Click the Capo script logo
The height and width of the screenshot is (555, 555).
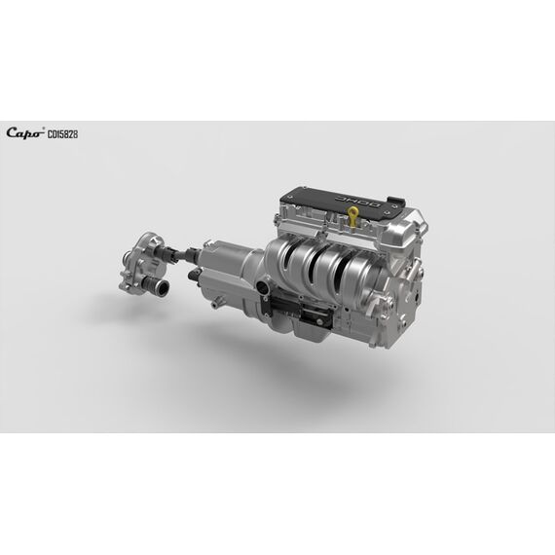pyautogui.click(x=24, y=132)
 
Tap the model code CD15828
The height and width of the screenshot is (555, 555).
pyautogui.click(x=62, y=134)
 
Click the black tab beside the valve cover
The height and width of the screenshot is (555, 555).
pyautogui.click(x=395, y=201)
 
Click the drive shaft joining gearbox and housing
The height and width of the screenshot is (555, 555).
pyautogui.click(x=179, y=252)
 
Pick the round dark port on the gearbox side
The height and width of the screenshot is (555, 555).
pyautogui.click(x=263, y=286)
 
